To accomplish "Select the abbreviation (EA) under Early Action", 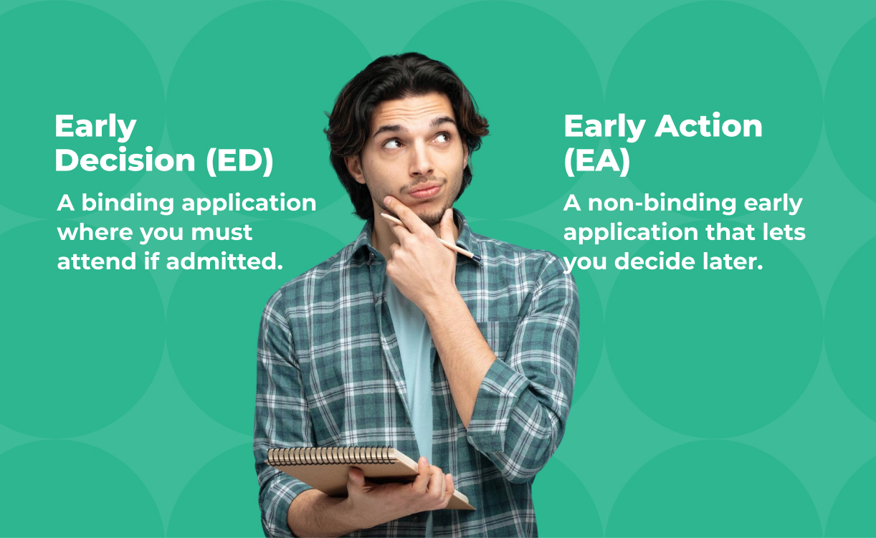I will (x=596, y=162).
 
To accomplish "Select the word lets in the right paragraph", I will (x=783, y=233).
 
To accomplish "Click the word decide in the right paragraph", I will (x=658, y=262).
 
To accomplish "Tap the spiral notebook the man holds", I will (x=358, y=473).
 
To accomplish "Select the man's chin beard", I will (x=430, y=213).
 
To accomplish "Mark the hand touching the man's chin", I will (x=423, y=251).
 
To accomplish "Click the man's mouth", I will (x=424, y=190).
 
